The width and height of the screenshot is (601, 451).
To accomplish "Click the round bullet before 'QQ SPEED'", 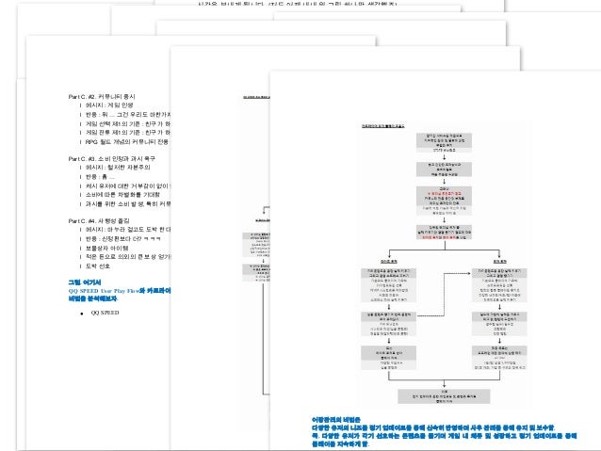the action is (x=83, y=313).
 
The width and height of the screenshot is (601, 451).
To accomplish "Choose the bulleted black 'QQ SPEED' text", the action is (x=105, y=313).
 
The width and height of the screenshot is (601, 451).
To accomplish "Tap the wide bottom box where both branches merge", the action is (x=443, y=395).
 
